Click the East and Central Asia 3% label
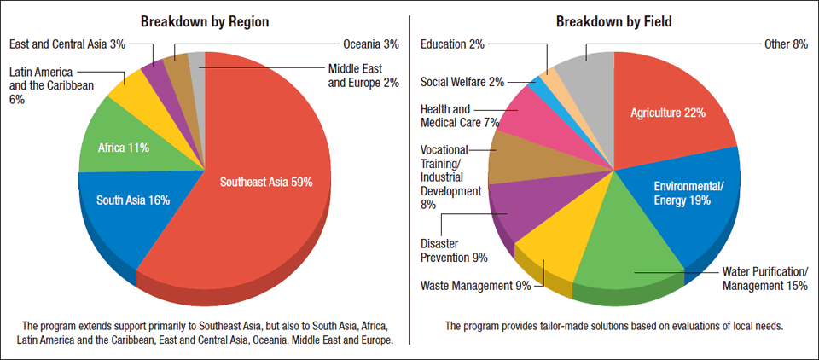[67, 44]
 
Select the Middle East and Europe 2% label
[363, 76]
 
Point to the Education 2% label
[453, 44]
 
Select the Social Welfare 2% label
[462, 82]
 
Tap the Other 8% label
[785, 44]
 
